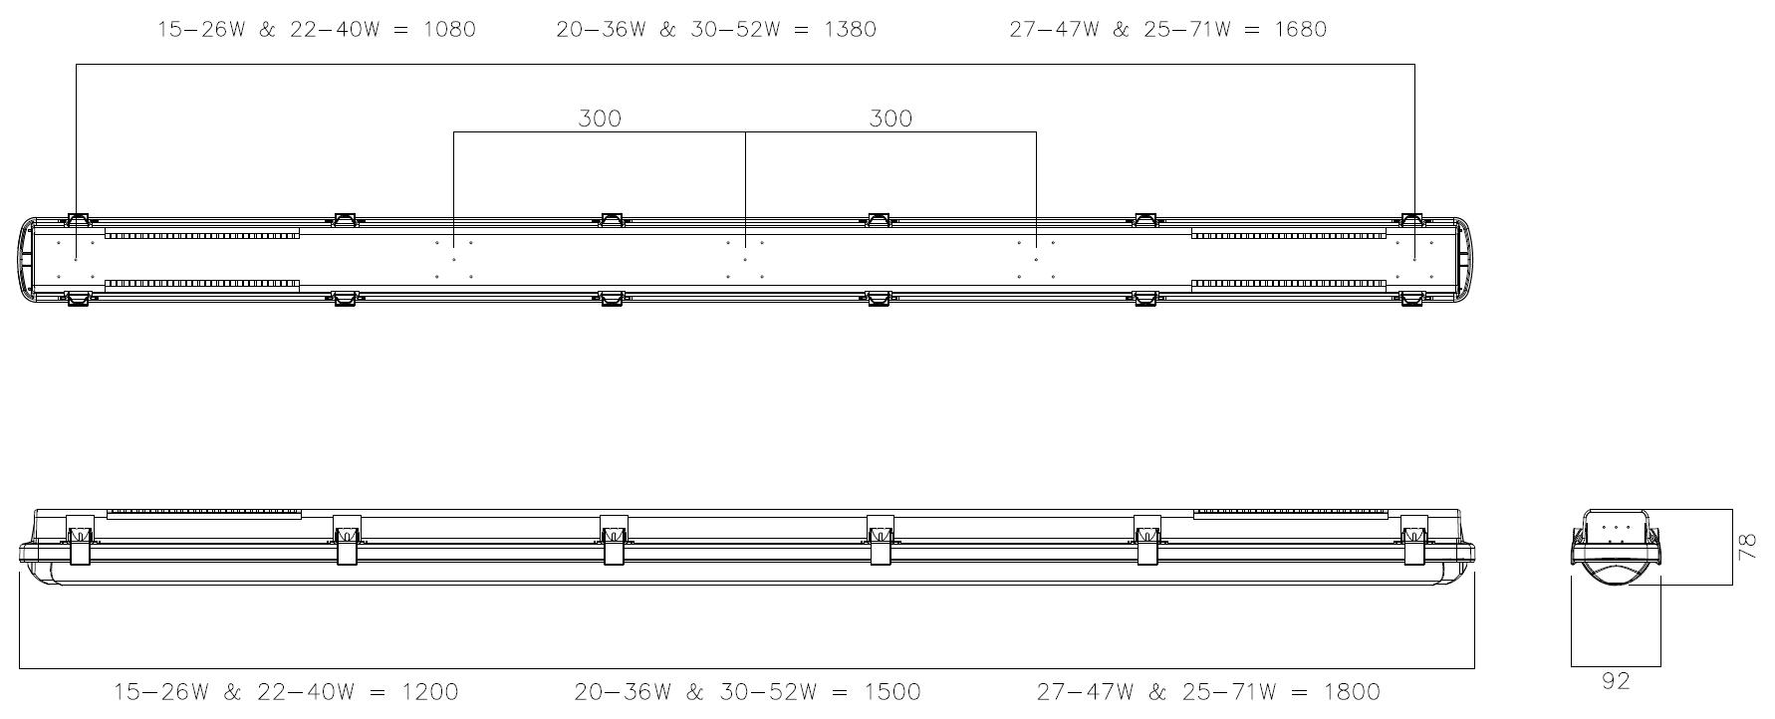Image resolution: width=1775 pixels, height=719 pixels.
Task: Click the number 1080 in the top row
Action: tap(449, 30)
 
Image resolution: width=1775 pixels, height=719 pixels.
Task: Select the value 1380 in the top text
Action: tap(850, 30)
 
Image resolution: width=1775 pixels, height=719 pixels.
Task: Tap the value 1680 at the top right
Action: tap(1300, 30)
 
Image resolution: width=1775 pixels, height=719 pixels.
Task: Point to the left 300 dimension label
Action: tap(600, 119)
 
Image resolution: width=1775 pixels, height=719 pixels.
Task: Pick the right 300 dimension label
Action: tap(890, 119)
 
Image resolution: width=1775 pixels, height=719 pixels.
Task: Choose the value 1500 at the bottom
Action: tap(893, 691)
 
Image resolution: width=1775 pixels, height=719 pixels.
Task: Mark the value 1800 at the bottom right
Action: tap(1354, 691)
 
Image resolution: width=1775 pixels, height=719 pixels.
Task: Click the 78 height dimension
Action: tap(1747, 547)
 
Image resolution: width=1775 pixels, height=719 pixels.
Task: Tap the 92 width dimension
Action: tap(1616, 681)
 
